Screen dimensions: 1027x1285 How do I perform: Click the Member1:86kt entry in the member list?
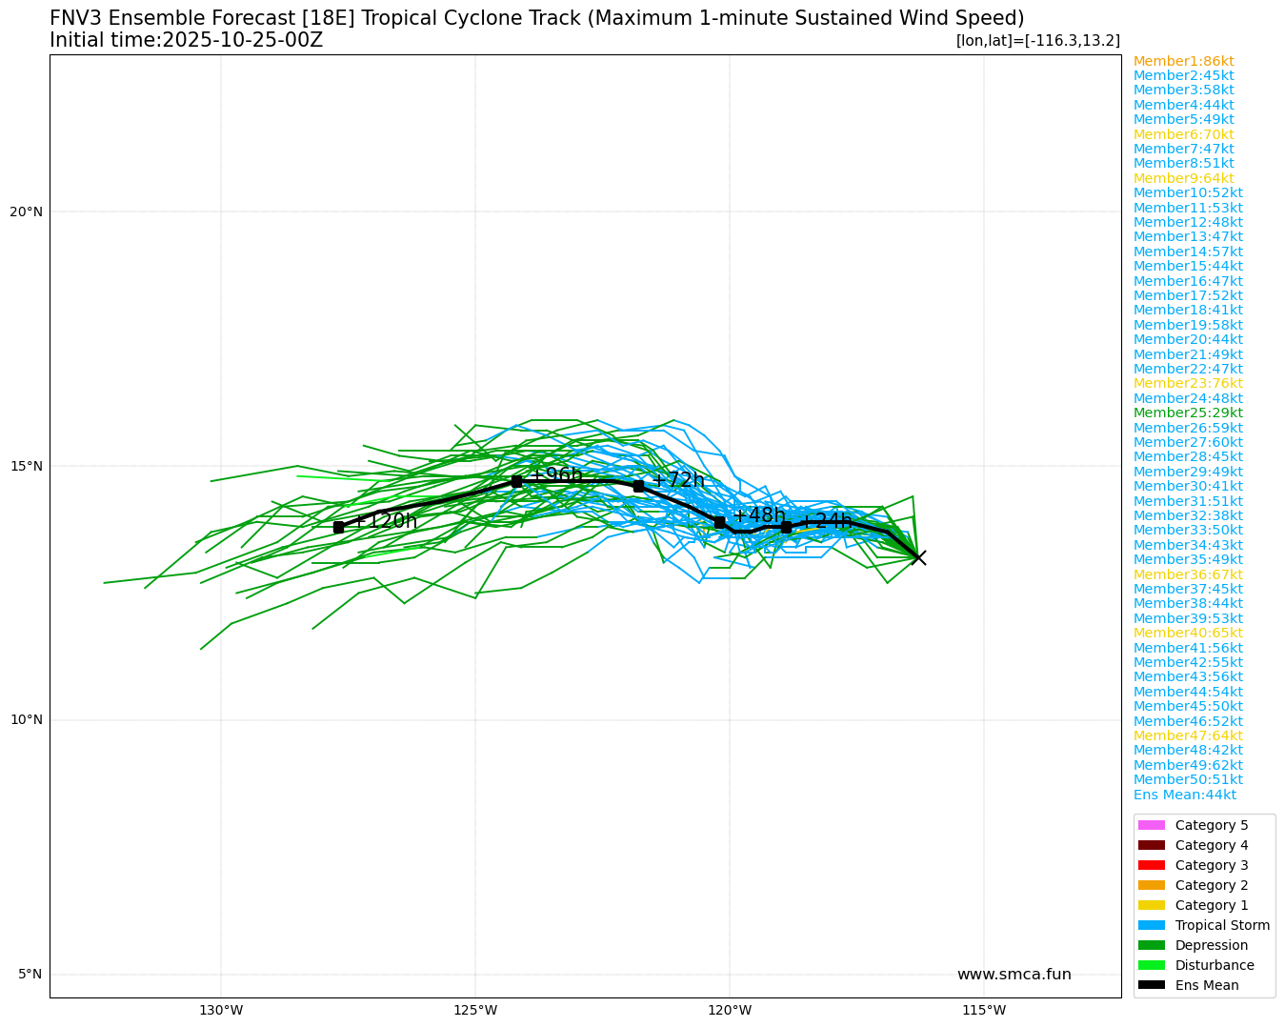pyautogui.click(x=1183, y=61)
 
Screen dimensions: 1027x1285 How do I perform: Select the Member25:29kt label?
pyautogui.click(x=1188, y=413)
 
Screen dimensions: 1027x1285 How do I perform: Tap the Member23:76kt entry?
pyautogui.click(x=1188, y=383)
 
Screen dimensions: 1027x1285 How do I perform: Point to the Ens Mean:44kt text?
pyautogui.click(x=1184, y=795)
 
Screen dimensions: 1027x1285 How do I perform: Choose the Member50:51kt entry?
pyautogui.click(x=1188, y=779)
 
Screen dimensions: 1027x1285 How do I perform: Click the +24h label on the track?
pyautogui.click(x=826, y=521)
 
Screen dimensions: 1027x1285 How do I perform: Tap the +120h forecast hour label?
pyautogui.click(x=386, y=521)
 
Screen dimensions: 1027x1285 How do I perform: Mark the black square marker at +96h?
pyautogui.click(x=516, y=481)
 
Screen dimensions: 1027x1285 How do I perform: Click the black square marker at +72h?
pyautogui.click(x=638, y=486)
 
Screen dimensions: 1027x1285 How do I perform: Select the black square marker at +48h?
pyautogui.click(x=719, y=522)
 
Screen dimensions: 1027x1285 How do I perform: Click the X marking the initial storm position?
pyautogui.click(x=918, y=557)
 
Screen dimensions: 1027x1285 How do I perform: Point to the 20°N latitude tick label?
pyautogui.click(x=26, y=211)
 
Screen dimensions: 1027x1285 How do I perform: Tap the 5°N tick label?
pyautogui.click(x=30, y=974)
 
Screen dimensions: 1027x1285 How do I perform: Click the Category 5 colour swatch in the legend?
pyautogui.click(x=1151, y=825)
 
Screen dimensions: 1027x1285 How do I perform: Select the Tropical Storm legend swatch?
pyautogui.click(x=1151, y=925)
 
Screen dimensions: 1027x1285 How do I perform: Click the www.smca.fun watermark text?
pyautogui.click(x=1014, y=974)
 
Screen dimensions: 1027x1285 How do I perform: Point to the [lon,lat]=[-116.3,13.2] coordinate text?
pyautogui.click(x=1037, y=40)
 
